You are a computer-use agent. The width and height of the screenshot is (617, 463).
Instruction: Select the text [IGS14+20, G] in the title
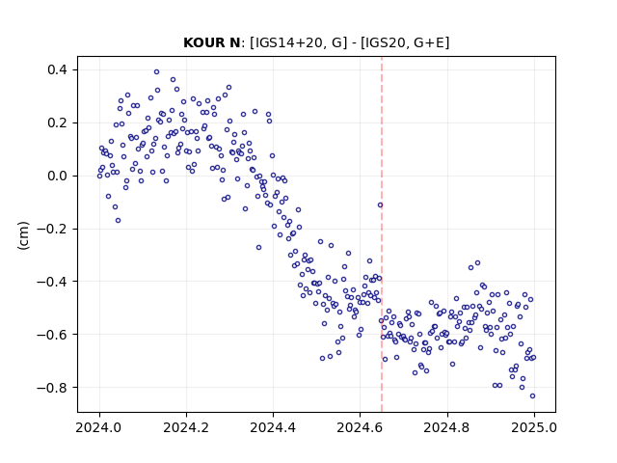coord(299,42)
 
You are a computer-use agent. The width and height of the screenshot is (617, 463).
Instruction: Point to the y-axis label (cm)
coord(23,235)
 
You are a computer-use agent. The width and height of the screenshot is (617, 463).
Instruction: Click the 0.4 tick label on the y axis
coord(58,70)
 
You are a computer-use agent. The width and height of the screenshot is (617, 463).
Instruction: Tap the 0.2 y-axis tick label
coord(58,123)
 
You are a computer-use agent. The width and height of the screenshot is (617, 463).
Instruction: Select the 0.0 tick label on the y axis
coord(58,176)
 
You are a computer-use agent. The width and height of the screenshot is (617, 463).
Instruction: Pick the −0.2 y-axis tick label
coord(52,229)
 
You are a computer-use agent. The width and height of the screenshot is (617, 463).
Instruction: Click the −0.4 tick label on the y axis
coord(52,282)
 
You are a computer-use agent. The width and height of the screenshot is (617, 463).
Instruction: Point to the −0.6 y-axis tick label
coord(52,335)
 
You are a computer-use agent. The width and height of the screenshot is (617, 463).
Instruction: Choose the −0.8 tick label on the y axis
coord(52,388)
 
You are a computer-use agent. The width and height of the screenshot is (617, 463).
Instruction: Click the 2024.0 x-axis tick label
coord(99,427)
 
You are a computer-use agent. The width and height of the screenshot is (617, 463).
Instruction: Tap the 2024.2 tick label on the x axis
coord(186,427)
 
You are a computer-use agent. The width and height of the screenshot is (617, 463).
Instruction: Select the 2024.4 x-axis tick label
coord(273,427)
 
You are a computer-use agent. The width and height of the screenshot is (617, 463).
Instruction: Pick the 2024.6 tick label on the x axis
coord(360,427)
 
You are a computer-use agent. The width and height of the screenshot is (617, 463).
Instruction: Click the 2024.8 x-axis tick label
coord(447,427)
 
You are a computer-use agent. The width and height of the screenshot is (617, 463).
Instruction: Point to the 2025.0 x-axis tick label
coord(534,427)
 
